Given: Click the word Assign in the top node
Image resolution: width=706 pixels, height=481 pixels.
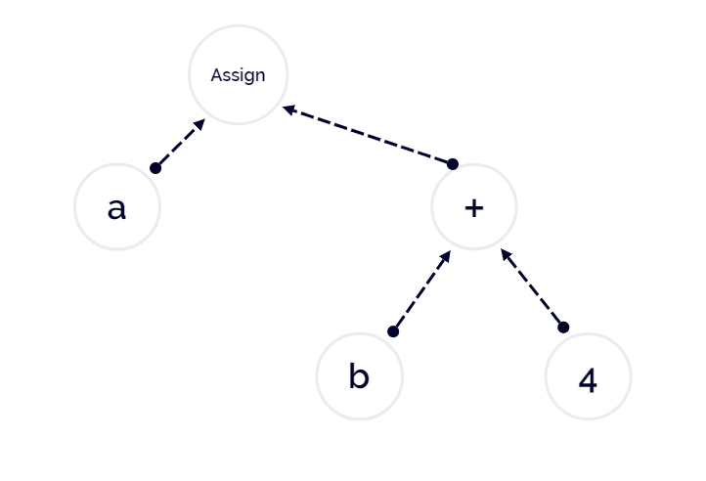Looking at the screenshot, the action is [x=238, y=75].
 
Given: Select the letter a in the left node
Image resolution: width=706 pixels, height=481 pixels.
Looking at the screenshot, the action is [x=116, y=209].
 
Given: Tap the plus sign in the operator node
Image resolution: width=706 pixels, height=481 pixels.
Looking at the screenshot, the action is [x=474, y=208].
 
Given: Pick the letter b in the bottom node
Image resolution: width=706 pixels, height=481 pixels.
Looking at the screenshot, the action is [x=359, y=376].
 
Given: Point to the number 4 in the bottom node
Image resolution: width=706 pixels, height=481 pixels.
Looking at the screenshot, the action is [x=588, y=380].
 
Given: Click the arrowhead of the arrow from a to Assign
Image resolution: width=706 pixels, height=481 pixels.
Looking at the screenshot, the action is [x=199, y=124].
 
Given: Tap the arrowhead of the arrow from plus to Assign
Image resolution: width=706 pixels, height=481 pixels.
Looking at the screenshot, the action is [x=289, y=109].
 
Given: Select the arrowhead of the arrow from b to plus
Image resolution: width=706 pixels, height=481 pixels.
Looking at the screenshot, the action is [x=445, y=257].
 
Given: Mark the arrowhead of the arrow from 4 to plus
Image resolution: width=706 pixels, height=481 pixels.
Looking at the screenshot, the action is [x=507, y=255].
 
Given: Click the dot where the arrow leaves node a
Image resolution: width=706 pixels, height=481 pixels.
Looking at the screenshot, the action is [x=155, y=168].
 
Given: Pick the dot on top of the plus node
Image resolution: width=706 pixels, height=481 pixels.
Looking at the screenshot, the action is [x=453, y=164].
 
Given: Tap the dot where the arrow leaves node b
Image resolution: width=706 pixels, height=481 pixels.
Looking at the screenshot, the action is [x=393, y=331].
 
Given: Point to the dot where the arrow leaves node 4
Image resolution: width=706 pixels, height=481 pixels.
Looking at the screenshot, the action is [x=563, y=328].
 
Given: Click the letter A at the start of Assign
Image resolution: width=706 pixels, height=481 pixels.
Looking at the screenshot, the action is [x=216, y=74].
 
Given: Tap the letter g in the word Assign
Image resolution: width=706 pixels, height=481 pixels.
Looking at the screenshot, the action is [x=249, y=77].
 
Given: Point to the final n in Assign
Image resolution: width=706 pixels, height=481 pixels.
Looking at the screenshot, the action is [x=261, y=76].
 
